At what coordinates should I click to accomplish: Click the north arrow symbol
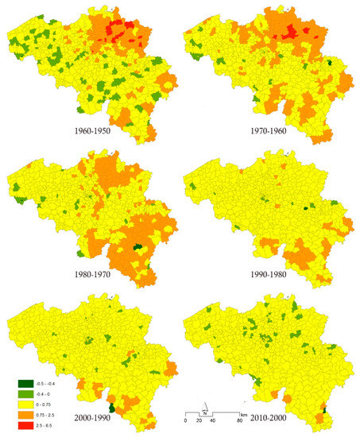pos(204,413)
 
